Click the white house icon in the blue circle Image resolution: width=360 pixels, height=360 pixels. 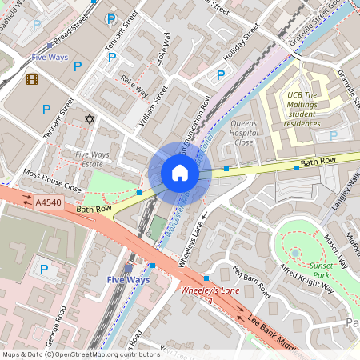pyautogui.click(x=180, y=173)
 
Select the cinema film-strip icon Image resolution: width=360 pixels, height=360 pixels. pyautogui.click(x=32, y=79)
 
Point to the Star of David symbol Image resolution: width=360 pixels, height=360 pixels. pyautogui.click(x=89, y=119)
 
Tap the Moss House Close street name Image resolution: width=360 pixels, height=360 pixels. pyautogui.click(x=53, y=180)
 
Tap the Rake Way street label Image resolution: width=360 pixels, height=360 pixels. pyautogui.click(x=134, y=84)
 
